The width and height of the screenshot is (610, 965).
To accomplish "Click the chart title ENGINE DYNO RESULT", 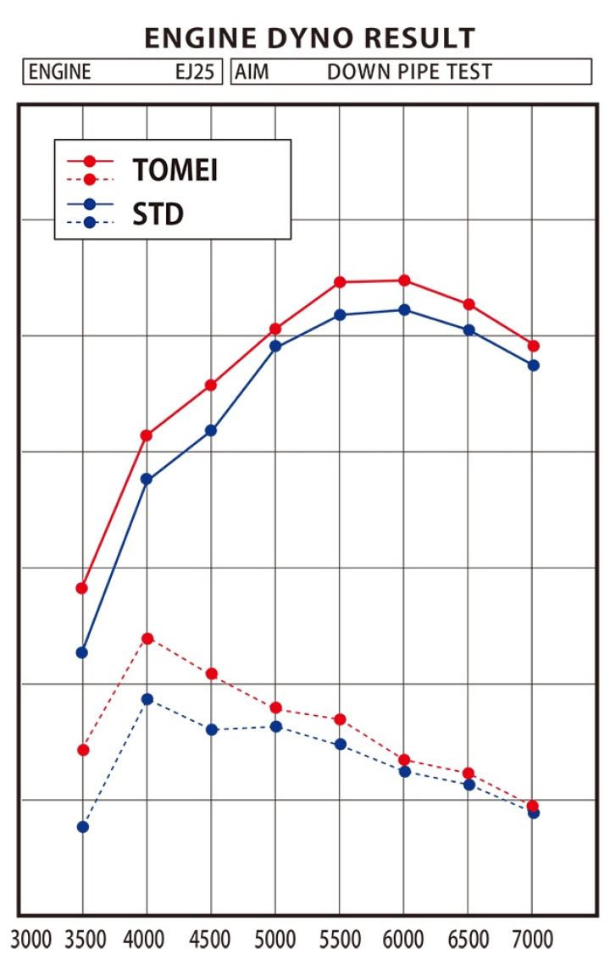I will click(x=309, y=38).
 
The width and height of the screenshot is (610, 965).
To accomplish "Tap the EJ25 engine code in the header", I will click(x=194, y=72).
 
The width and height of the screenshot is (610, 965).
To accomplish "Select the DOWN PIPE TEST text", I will click(x=409, y=72).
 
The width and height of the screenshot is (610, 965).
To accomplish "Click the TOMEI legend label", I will click(x=175, y=170).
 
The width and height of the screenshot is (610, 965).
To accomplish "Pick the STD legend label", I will click(x=158, y=214).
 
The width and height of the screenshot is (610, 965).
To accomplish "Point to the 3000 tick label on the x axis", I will click(x=32, y=940).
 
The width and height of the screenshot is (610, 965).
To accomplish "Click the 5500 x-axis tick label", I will click(x=340, y=940).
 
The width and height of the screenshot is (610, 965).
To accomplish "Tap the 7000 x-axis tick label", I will click(x=532, y=940).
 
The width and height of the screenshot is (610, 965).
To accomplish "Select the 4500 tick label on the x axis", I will click(x=211, y=940).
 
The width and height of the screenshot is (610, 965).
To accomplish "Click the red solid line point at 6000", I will click(x=404, y=280).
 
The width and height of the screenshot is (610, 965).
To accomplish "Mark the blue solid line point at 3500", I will click(x=82, y=652).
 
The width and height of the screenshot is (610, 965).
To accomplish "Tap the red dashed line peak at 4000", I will click(x=147, y=638).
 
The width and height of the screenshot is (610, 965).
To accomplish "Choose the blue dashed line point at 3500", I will click(x=82, y=827).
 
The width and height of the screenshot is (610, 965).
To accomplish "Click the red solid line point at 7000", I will click(x=534, y=346).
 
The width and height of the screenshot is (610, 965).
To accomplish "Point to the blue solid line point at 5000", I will click(x=275, y=346).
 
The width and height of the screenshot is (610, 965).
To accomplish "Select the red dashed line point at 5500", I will click(x=340, y=719).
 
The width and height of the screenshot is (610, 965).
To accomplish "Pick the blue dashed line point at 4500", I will click(x=212, y=729).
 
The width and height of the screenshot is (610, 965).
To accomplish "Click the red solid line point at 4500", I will click(x=211, y=385).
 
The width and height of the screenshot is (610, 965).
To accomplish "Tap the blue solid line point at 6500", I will click(x=469, y=330).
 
